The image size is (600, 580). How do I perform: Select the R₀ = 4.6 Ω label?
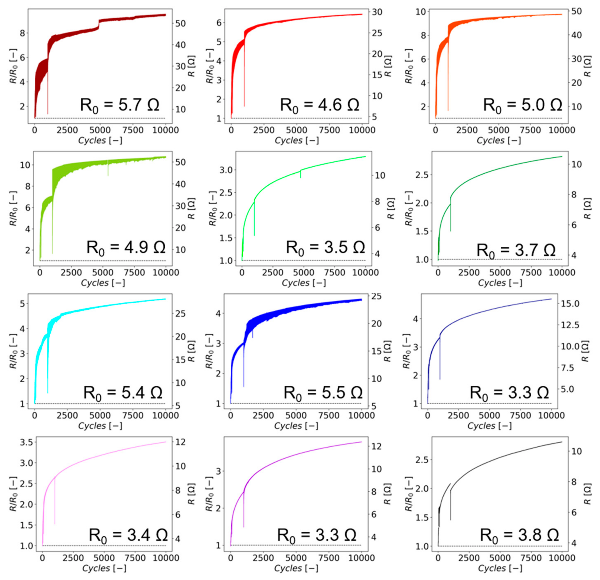coord(319,105)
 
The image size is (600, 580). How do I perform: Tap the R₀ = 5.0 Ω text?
coord(522,105)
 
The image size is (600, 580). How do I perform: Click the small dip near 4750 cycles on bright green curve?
coord(300,174)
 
